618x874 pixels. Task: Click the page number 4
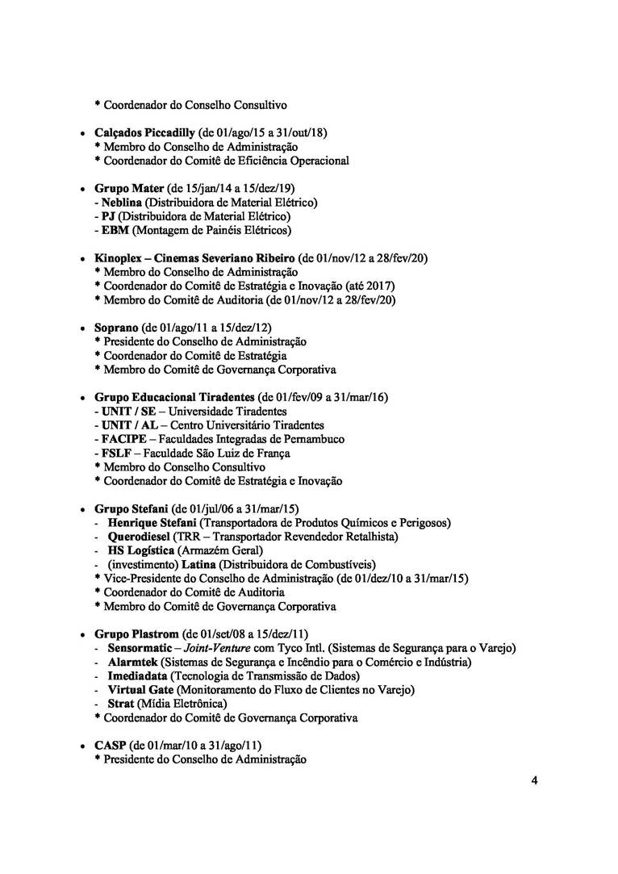pos(534,780)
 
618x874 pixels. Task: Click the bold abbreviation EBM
pos(114,231)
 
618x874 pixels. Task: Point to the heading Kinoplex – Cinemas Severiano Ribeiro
pos(194,258)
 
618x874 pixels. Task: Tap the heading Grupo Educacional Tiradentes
pos(173,398)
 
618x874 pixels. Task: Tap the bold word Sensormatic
pos(140,648)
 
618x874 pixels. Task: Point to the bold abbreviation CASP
pos(110,746)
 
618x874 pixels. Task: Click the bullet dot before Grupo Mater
pos(82,189)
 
